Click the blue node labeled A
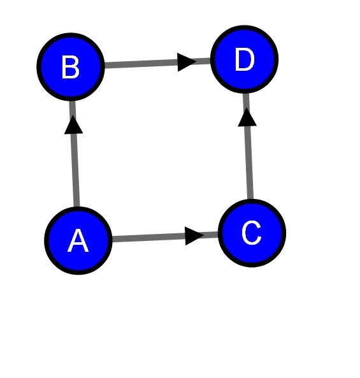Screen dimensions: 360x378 (x=78, y=240)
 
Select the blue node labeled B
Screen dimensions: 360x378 (x=71, y=67)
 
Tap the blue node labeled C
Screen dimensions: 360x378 (x=252, y=233)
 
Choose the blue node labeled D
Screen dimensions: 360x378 (x=245, y=59)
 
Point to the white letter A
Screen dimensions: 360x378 (x=78, y=240)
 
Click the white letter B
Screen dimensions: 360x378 (x=71, y=67)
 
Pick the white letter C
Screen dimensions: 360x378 (x=252, y=233)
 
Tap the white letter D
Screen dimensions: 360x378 (x=245, y=59)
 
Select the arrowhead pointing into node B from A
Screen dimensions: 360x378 (x=73, y=125)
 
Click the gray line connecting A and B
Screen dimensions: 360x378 (x=75, y=154)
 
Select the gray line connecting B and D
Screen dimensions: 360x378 (x=157, y=63)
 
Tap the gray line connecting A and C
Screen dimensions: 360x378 (x=165, y=236)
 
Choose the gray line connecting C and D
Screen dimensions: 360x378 (x=248, y=147)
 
